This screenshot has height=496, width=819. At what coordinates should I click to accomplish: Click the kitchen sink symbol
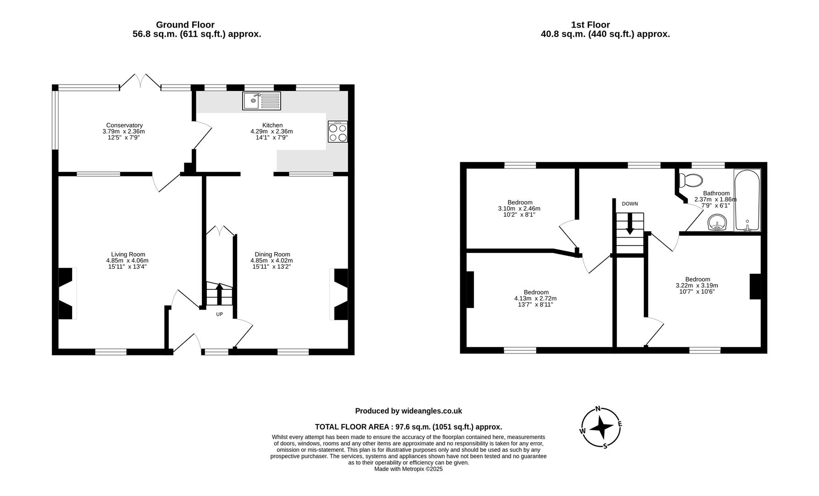pyautogui.click(x=262, y=101)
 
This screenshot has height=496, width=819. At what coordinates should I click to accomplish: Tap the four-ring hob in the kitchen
pyautogui.click(x=337, y=132)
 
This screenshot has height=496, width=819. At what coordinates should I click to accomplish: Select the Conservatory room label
pyautogui.click(x=124, y=125)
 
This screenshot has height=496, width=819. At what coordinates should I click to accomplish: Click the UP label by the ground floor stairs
pyautogui.click(x=219, y=315)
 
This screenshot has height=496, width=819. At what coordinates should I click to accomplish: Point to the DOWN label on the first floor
pyautogui.click(x=630, y=204)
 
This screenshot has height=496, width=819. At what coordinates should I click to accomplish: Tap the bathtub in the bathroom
pyautogui.click(x=747, y=200)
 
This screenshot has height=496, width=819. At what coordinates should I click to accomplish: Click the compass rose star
pyautogui.click(x=601, y=428)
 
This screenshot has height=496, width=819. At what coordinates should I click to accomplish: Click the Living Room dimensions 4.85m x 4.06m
pyautogui.click(x=128, y=260)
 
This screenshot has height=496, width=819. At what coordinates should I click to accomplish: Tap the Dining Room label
pyautogui.click(x=273, y=254)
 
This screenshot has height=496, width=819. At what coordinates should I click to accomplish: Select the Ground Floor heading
pyautogui.click(x=185, y=25)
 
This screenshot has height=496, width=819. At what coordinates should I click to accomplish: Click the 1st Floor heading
pyautogui.click(x=590, y=25)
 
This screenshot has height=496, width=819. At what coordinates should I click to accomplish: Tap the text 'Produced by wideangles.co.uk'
pyautogui.click(x=408, y=411)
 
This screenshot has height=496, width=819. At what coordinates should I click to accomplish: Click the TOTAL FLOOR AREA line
pyautogui.click(x=408, y=427)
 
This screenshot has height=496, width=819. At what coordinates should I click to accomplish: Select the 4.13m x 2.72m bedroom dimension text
pyautogui.click(x=536, y=299)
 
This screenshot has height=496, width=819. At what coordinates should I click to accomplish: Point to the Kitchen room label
pyautogui.click(x=273, y=125)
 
